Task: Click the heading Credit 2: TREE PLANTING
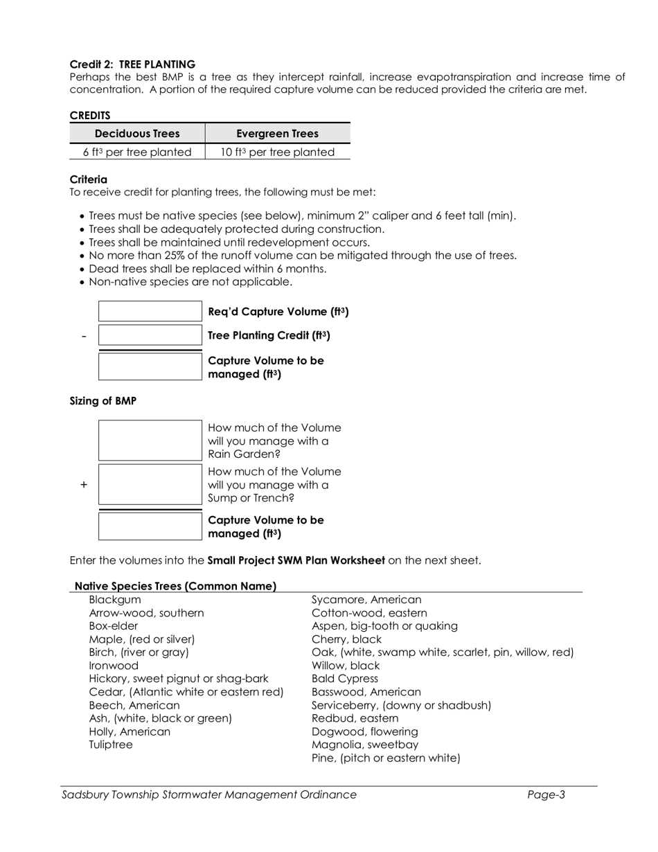point(132,64)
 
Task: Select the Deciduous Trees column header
point(137,134)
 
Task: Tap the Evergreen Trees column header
point(277,134)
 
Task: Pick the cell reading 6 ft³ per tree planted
point(137,152)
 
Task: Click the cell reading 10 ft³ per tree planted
point(277,152)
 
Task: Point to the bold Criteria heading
point(89,179)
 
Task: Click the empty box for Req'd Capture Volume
point(150,312)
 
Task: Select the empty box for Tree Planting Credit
point(150,335)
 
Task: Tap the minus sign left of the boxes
point(84,336)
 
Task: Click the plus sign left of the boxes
point(84,485)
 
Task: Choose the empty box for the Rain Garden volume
point(150,441)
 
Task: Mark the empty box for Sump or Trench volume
point(150,485)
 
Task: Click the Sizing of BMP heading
point(103,401)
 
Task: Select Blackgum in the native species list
point(115,600)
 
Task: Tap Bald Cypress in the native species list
point(345,679)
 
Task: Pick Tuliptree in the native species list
point(111,745)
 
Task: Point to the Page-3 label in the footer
point(546,795)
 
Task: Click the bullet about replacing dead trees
point(208,269)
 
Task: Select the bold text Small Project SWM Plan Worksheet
point(296,560)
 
